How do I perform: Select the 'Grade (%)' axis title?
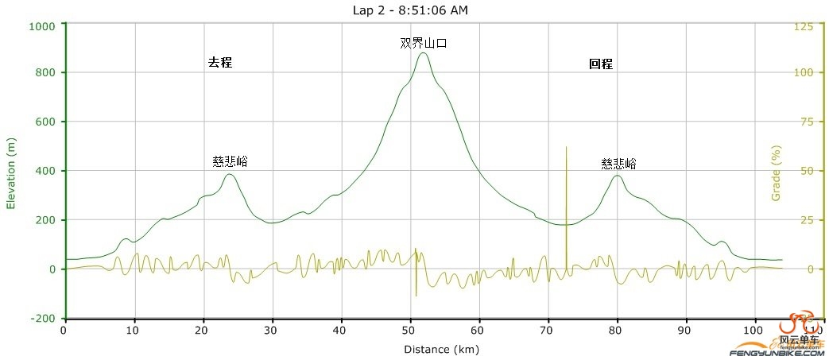(777, 172)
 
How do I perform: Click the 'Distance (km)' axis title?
(442, 349)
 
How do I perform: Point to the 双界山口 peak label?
(423, 43)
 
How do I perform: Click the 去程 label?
(219, 62)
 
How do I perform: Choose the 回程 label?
(601, 64)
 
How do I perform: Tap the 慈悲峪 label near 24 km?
(230, 161)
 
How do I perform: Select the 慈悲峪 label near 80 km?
(618, 164)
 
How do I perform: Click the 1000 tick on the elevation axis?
(41, 25)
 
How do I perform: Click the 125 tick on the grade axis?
(804, 26)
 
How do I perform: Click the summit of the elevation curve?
(423, 53)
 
